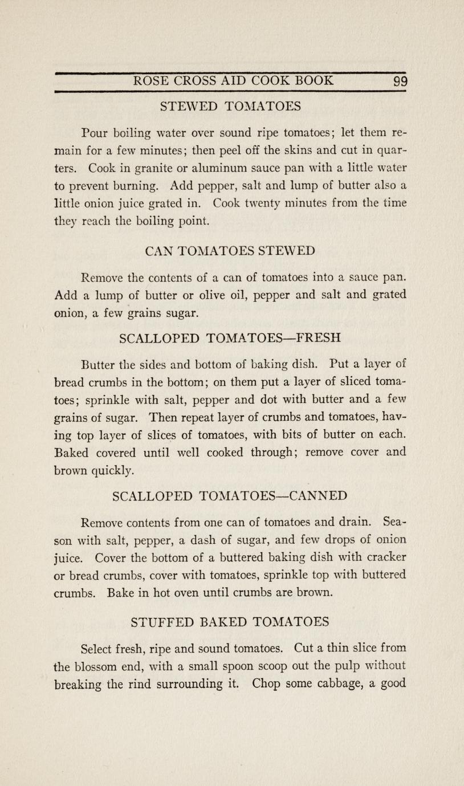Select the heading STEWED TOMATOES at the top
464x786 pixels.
point(230,106)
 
